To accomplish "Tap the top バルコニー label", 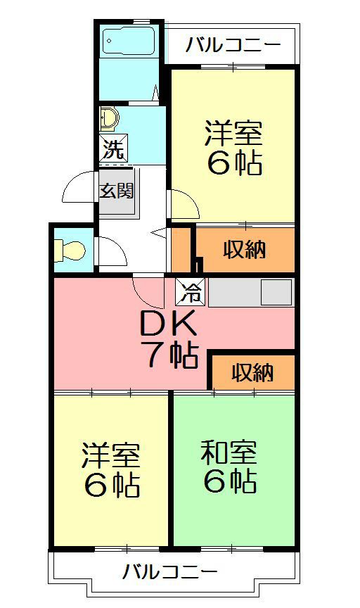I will [x=233, y=46].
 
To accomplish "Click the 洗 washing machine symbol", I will [x=113, y=149].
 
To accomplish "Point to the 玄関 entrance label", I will [x=115, y=190].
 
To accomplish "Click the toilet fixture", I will [x=70, y=249].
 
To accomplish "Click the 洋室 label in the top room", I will [x=233, y=133].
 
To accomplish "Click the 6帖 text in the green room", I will [x=229, y=482].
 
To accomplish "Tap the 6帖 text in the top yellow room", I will [x=234, y=163].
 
